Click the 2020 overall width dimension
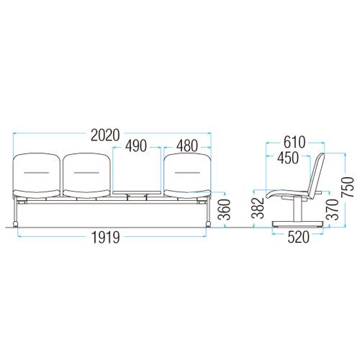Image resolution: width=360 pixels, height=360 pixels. (x=105, y=135)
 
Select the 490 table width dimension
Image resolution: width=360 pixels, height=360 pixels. (x=136, y=146)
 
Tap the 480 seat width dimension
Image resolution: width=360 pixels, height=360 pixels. (x=187, y=146)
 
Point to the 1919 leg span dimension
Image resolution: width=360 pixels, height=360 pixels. (x=106, y=238)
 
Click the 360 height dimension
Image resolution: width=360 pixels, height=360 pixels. (x=224, y=210)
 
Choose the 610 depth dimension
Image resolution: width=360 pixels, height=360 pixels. (x=294, y=142)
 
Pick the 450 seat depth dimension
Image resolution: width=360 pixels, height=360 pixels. (x=288, y=158)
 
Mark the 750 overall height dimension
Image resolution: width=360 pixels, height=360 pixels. (x=348, y=187)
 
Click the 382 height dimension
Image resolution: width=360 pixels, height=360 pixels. (x=258, y=208)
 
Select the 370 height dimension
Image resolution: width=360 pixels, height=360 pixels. (x=333, y=210)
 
